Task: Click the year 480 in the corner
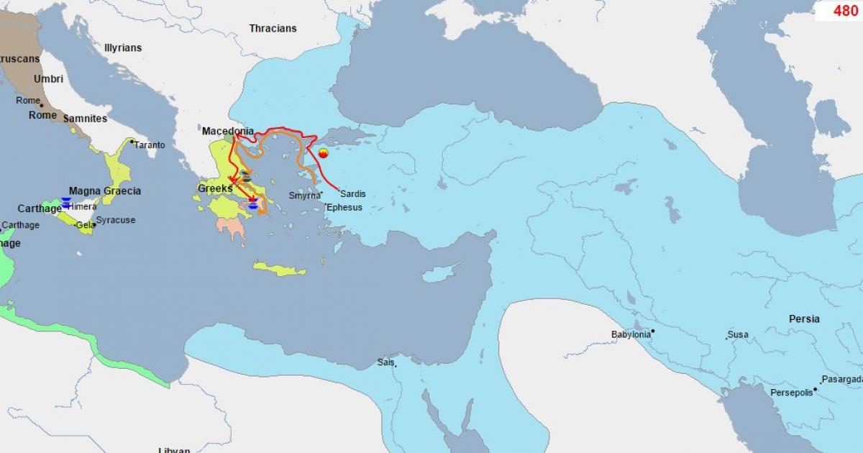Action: (x=845, y=11)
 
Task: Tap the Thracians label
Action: (x=273, y=29)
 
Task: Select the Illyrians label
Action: (x=123, y=48)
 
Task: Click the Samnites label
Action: (x=85, y=119)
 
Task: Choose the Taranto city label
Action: (x=150, y=145)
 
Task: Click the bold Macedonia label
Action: (x=227, y=132)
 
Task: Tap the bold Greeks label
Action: (x=215, y=188)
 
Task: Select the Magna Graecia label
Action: (x=105, y=191)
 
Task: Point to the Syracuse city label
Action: (x=115, y=220)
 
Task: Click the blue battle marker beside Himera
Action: (x=66, y=204)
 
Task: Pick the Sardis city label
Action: (x=353, y=194)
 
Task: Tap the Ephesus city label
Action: (x=344, y=208)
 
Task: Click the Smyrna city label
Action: (x=304, y=196)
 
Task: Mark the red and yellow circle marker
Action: (x=323, y=153)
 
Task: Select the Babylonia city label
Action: (x=631, y=334)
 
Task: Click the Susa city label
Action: (x=738, y=335)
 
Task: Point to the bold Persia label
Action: (x=804, y=319)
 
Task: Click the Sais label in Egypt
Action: (x=385, y=362)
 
